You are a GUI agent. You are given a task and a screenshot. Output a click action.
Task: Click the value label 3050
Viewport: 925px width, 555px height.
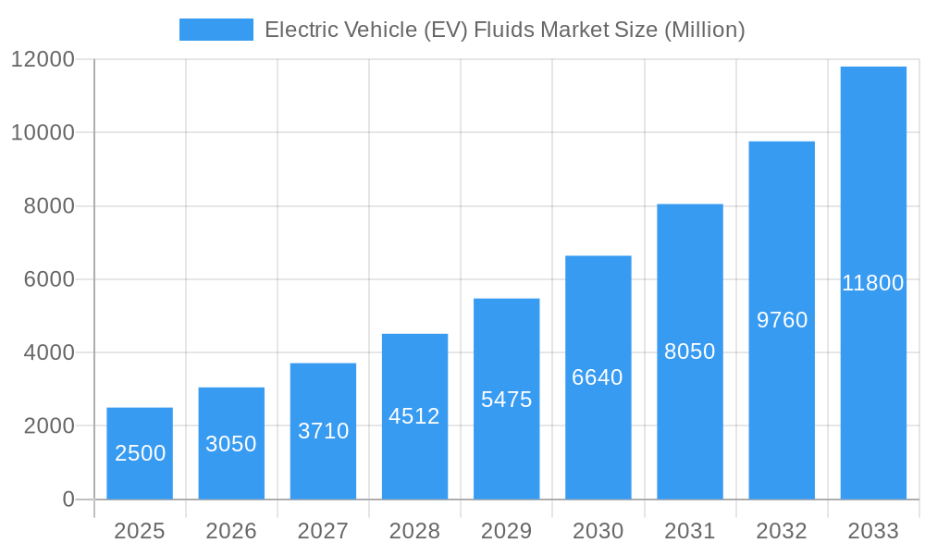(231, 444)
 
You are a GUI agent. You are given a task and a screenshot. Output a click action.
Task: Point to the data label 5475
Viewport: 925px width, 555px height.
(506, 400)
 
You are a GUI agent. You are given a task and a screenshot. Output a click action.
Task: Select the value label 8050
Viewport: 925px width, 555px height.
(690, 351)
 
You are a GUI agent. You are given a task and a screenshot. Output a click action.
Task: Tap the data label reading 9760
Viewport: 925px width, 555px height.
(782, 320)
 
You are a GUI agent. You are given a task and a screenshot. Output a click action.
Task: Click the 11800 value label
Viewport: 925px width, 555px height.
(872, 283)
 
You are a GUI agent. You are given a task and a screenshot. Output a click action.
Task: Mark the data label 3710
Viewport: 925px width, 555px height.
(323, 431)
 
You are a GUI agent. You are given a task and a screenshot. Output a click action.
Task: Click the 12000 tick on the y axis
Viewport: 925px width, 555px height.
(43, 59)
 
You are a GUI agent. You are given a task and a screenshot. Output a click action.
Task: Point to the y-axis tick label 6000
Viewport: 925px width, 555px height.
(48, 279)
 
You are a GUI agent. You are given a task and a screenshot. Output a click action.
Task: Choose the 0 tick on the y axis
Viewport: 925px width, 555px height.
(68, 499)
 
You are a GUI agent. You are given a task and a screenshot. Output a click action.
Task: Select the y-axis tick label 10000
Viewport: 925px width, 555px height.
(43, 132)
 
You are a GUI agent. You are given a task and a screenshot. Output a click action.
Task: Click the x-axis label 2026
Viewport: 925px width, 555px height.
(231, 531)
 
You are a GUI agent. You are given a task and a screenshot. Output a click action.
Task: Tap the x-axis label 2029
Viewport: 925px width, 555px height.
(506, 531)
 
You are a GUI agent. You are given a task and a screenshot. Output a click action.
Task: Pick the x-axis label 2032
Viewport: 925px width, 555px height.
(782, 531)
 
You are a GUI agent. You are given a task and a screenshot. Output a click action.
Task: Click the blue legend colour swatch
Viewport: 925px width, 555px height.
(216, 30)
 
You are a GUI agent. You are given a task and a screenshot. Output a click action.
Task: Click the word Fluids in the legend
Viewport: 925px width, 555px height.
(504, 30)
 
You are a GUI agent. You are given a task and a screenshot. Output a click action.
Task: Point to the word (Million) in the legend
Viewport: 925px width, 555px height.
(704, 30)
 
